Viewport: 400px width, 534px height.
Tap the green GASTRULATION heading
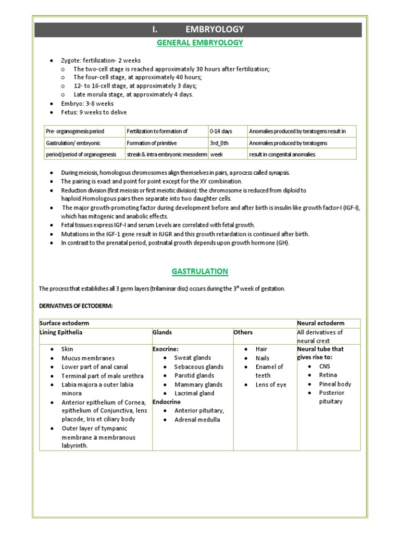tap(200, 271)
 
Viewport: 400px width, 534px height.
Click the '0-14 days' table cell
tap(221, 131)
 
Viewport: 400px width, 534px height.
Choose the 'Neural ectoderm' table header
tap(320, 323)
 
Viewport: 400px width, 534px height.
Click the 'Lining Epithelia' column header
tap(61, 332)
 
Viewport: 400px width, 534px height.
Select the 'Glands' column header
tap(162, 332)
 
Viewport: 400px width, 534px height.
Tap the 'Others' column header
tap(243, 332)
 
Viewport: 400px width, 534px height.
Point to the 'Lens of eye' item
tap(271, 385)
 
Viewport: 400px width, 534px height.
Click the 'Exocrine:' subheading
tap(166, 349)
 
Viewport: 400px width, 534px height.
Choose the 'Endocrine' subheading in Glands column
tap(167, 402)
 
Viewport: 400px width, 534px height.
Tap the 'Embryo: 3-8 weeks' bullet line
tap(87, 104)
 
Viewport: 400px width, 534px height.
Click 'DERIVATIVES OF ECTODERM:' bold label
tap(76, 306)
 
